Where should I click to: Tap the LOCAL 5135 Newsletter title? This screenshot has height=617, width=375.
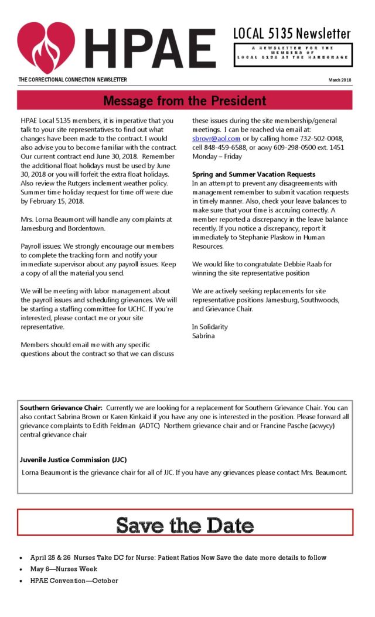tap(292, 33)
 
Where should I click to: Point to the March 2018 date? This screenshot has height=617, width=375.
tap(340, 80)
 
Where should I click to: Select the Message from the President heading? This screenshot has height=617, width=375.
tap(185, 101)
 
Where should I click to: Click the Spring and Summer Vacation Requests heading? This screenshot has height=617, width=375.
tap(254, 174)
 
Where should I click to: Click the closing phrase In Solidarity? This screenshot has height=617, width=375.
tap(210, 327)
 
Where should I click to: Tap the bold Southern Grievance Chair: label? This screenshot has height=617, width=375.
tap(62, 407)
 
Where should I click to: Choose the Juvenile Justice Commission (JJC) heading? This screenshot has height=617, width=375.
tap(73, 460)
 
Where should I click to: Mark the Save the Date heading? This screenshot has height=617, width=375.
tap(185, 525)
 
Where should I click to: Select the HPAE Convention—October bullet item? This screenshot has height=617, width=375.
tap(74, 581)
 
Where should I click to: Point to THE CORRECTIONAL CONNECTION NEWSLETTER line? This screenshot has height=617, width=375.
tap(73, 80)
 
